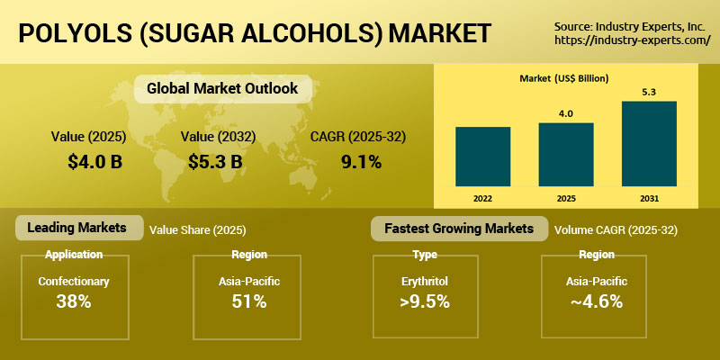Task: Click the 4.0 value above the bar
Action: pos(566,113)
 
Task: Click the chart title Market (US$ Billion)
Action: pos(564,79)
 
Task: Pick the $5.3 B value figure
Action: pos(216,163)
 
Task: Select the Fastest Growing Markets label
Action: pos(459,228)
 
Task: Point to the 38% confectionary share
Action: pos(74,301)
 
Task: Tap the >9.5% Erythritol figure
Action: pos(424,301)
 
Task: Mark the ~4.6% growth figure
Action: pos(596,301)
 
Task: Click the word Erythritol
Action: pos(424,282)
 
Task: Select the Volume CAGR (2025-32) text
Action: pos(616,230)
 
